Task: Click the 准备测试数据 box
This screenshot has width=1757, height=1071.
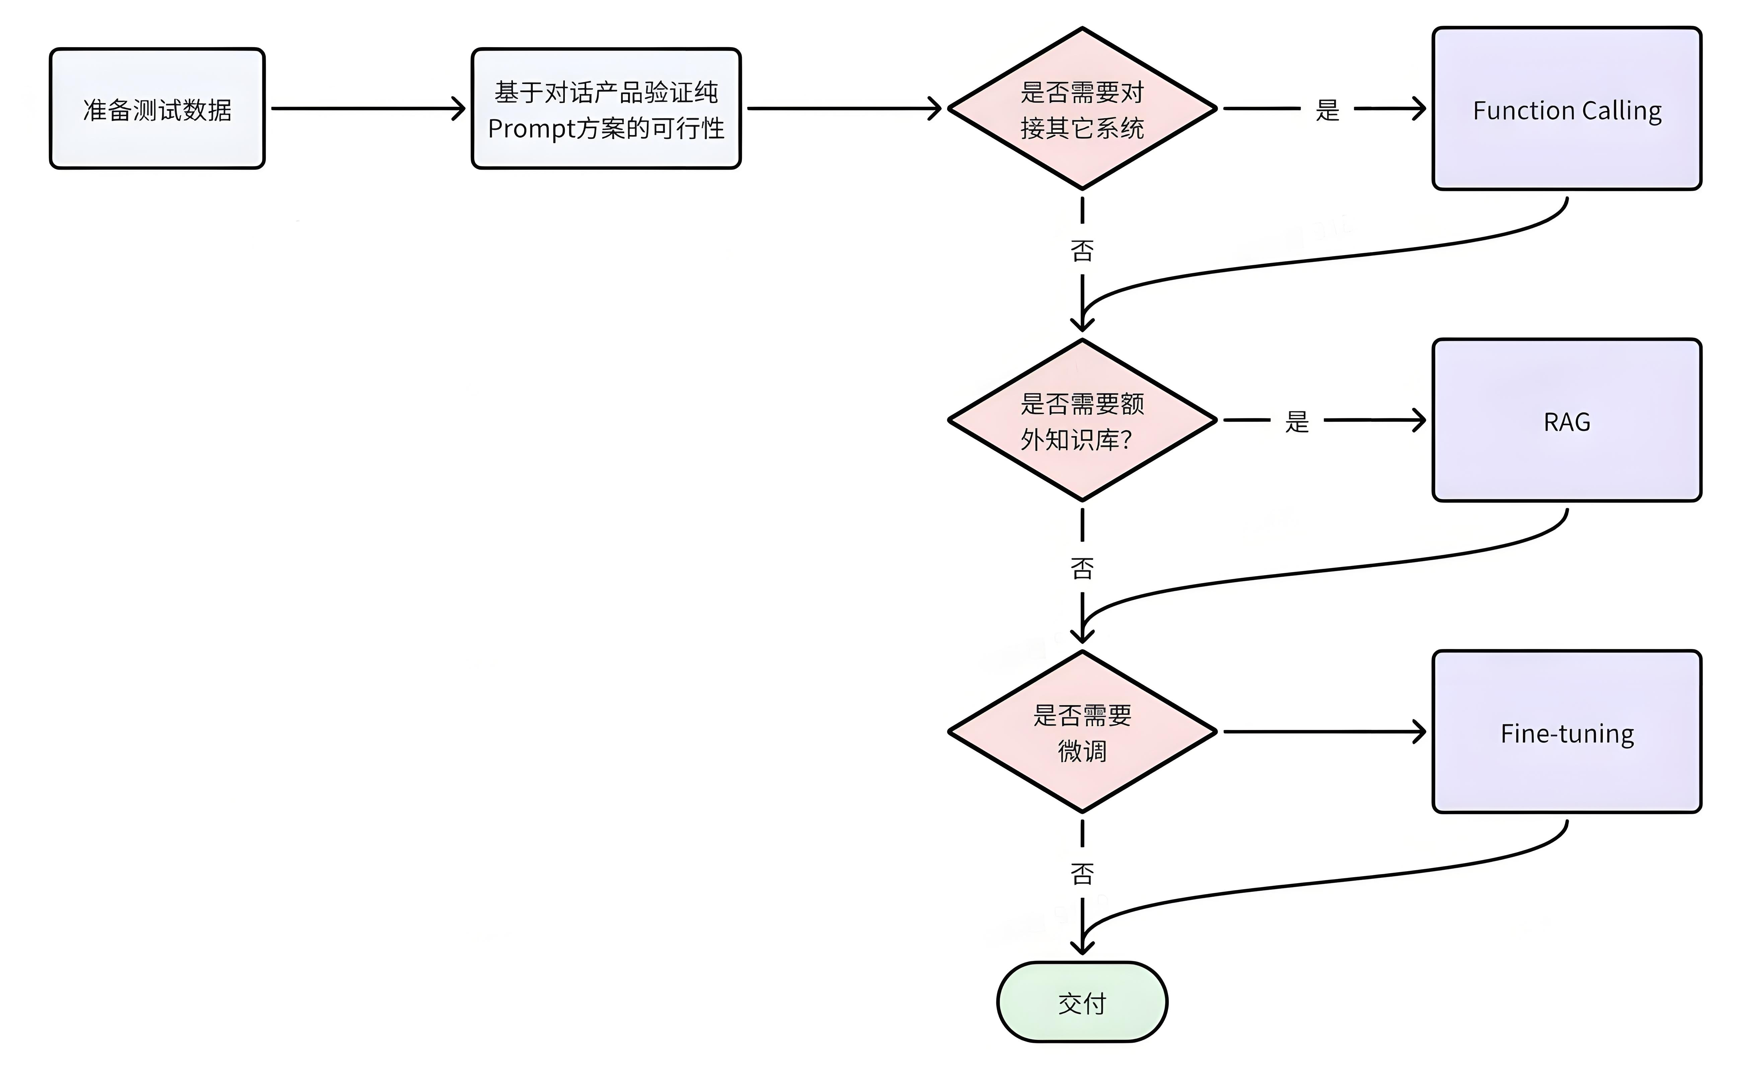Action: pos(157,108)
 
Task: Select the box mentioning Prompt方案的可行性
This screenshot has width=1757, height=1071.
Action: pos(606,108)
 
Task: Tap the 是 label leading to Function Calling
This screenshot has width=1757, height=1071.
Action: pos(1327,110)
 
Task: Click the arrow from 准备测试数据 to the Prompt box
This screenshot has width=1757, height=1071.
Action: pos(368,108)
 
